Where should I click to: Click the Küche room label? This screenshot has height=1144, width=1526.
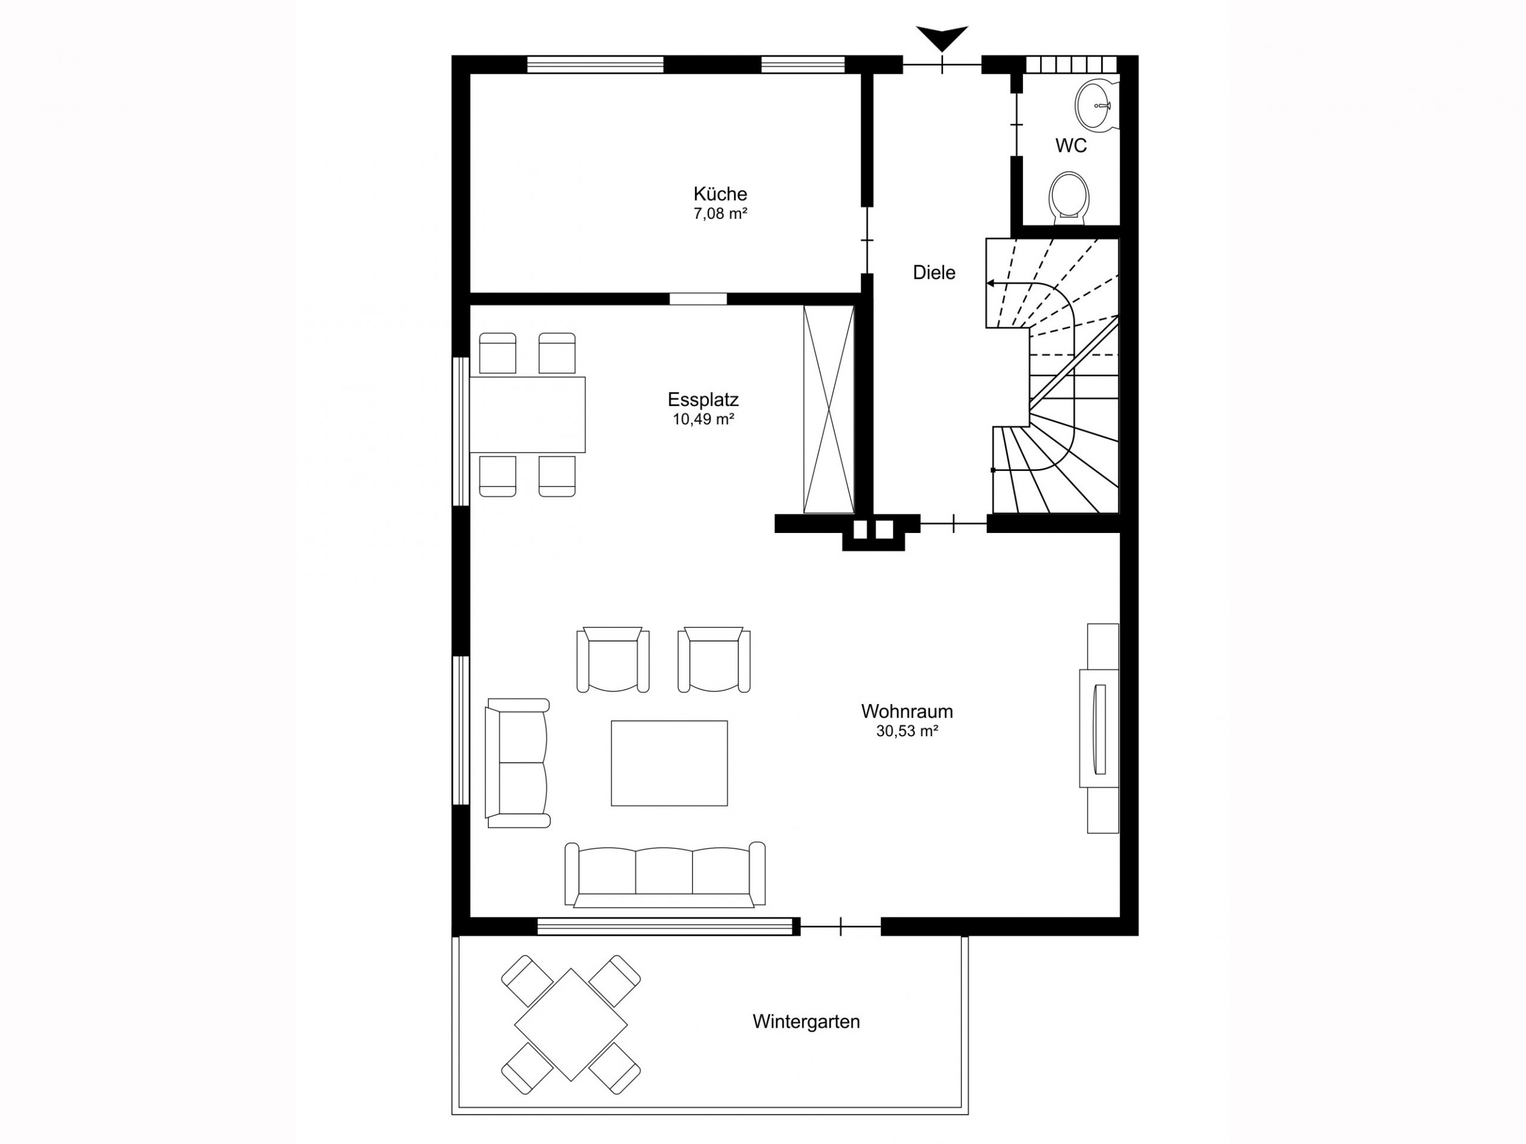pos(719,194)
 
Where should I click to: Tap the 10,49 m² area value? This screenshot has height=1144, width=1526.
pos(703,420)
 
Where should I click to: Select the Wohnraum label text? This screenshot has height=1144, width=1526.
pos(907,711)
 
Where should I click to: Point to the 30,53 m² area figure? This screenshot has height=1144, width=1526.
pos(907,731)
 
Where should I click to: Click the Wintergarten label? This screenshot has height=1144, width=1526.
pos(806,1022)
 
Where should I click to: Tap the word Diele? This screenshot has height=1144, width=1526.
pos(933,272)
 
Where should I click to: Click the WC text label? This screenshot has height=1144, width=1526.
pos(1071,145)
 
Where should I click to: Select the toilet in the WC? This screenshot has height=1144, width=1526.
pos(1069,197)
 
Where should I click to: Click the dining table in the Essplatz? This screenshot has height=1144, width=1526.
pos(527,415)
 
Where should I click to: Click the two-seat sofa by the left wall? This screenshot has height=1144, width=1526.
pos(517,762)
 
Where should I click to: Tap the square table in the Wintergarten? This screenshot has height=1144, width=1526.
pos(570,1025)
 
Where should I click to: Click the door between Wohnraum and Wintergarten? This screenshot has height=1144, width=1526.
pos(840,926)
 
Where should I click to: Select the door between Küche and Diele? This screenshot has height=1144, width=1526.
pos(867,240)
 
